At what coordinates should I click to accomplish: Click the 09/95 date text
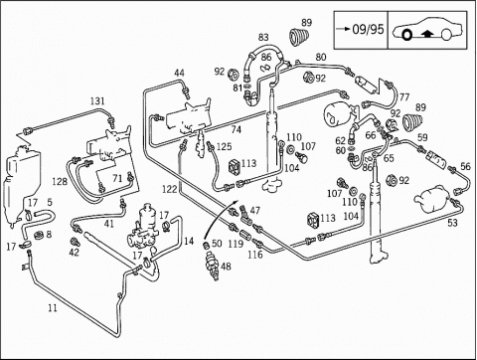pos(368,29)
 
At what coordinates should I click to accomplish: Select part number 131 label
pos(97,101)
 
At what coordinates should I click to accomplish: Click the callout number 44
pos(179,73)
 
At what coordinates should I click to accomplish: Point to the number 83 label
pos(263,37)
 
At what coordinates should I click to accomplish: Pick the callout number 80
pos(321,57)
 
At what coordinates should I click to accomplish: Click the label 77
pos(404,97)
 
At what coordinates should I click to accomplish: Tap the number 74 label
pos(236,129)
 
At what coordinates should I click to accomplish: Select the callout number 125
pos(224,146)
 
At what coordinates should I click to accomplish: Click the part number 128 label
pos(60,181)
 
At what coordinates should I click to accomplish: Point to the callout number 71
pos(117,178)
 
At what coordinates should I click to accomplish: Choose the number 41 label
pos(108,224)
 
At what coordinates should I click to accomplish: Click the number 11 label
pos(53,308)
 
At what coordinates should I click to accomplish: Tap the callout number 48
pos(226,267)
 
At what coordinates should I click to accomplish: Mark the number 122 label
pos(170,189)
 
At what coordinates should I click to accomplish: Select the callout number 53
pos(452,223)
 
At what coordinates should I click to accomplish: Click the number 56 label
pos(465,166)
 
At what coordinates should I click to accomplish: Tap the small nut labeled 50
pos(206,246)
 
